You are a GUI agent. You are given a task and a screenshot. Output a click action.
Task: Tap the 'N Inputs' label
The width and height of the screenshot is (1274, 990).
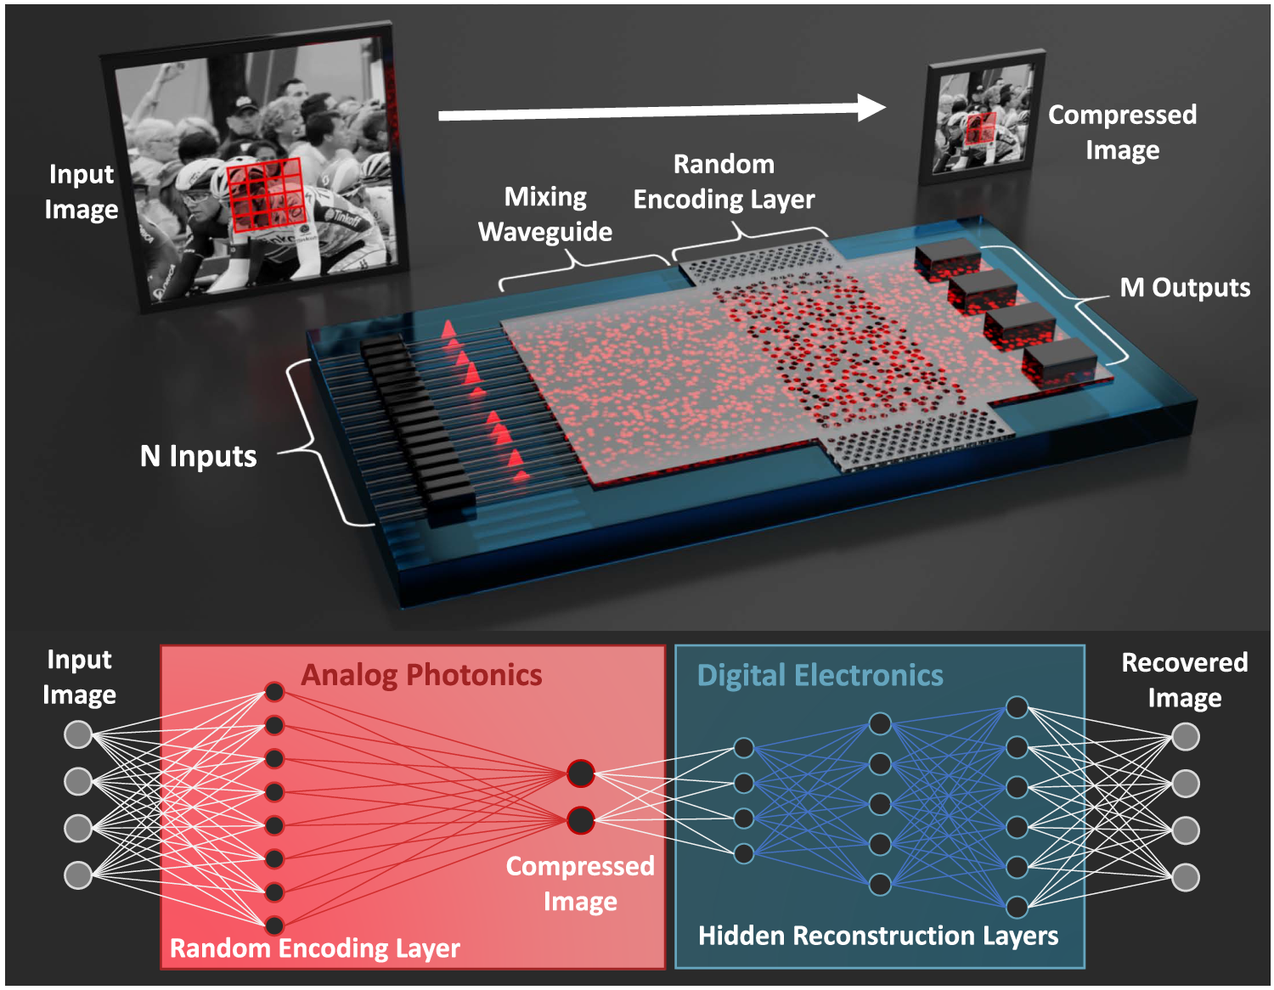point(198,456)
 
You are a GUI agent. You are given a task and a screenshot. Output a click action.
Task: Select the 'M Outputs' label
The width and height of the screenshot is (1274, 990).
point(1185,288)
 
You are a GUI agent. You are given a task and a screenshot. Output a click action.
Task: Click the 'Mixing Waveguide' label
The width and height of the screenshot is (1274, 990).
point(545,214)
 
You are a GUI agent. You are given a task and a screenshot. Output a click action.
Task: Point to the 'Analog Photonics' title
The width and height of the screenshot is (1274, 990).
point(421,675)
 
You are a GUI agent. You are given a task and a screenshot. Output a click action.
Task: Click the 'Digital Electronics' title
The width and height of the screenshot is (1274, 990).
point(820,675)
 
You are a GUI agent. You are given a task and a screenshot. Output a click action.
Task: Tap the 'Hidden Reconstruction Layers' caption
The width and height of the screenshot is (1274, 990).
point(878,936)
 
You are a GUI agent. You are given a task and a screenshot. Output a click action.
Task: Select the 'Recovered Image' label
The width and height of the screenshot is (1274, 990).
point(1185,679)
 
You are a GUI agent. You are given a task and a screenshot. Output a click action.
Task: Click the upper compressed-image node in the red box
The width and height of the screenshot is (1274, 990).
point(581,773)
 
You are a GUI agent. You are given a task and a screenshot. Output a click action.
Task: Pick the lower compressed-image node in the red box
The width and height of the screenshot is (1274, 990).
point(581,820)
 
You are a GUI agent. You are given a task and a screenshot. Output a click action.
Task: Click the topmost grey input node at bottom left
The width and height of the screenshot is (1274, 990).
point(78,734)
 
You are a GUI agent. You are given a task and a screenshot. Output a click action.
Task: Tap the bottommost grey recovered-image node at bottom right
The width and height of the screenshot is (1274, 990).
point(1186,877)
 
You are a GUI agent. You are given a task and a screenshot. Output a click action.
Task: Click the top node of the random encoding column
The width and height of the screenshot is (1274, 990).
point(274,692)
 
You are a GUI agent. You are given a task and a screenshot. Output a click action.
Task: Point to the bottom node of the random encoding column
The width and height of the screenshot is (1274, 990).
point(274,925)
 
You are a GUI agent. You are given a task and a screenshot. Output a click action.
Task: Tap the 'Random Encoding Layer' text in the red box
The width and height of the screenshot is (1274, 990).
point(314,948)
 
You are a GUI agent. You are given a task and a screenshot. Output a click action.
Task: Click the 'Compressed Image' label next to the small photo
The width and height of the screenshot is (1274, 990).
point(1122,132)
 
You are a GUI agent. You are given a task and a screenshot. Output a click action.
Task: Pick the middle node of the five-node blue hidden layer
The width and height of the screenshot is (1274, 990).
point(880,803)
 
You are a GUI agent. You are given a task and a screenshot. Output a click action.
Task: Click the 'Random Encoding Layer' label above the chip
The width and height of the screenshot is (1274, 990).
point(724,182)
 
